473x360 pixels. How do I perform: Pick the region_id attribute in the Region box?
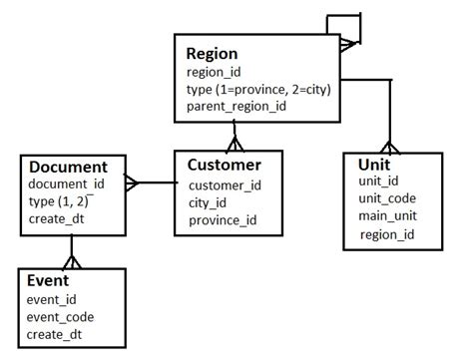click(215, 72)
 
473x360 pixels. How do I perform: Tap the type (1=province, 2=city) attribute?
click(258, 89)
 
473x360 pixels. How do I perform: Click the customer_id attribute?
click(225, 184)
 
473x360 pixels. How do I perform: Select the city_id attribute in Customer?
click(208, 202)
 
